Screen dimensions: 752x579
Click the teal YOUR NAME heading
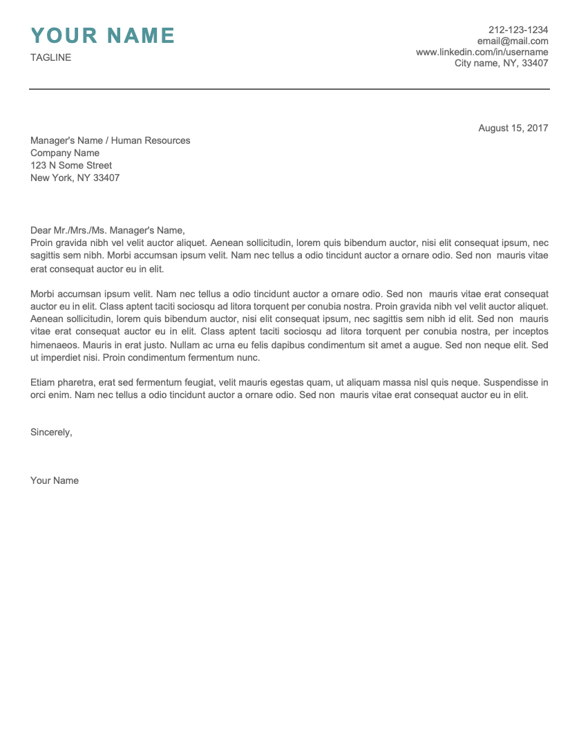pos(103,35)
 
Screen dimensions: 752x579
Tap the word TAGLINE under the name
pos(50,57)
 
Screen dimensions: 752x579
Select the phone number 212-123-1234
pos(518,30)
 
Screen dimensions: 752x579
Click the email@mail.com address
pos(512,41)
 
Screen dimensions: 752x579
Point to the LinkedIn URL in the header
pos(482,52)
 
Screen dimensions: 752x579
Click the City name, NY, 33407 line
pos(501,63)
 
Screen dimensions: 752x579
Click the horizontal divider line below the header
pos(289,89)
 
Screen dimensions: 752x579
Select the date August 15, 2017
pos(513,128)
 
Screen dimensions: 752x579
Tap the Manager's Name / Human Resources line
pos(110,140)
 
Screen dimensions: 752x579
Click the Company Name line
pos(65,153)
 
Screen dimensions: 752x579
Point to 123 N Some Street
pos(71,165)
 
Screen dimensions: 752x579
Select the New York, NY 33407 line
pos(75,178)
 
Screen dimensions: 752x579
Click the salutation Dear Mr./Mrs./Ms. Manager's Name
pos(108,230)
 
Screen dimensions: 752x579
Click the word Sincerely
pos(51,432)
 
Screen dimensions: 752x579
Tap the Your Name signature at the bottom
pos(55,480)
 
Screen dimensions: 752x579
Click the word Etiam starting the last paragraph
pos(43,382)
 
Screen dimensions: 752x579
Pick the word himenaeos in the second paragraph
pos(54,344)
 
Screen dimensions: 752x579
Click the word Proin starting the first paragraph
pos(41,243)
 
